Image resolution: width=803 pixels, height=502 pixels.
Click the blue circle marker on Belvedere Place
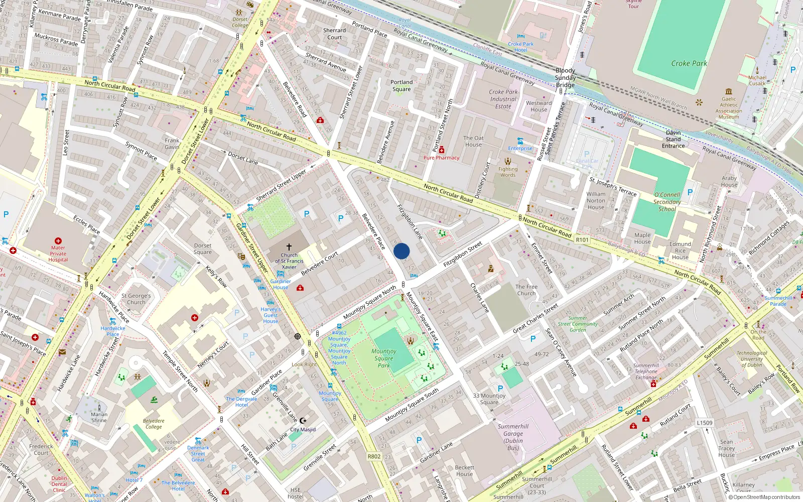(x=401, y=251)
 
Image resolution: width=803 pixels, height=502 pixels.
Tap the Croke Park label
(x=689, y=63)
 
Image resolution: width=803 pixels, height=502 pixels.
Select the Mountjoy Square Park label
(x=384, y=358)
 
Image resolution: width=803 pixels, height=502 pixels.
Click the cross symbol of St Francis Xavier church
(x=289, y=247)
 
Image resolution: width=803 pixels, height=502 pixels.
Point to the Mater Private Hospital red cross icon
(x=58, y=241)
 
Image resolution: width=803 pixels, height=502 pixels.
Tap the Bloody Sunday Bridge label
(x=565, y=78)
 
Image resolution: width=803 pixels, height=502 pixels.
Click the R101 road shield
(x=582, y=240)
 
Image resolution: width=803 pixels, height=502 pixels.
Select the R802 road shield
(x=374, y=456)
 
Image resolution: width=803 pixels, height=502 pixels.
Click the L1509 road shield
(x=704, y=423)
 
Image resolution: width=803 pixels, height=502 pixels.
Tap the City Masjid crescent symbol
(x=303, y=421)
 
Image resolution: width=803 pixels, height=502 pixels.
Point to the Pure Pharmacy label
(x=441, y=158)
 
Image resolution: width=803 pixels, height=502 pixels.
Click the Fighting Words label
(x=507, y=172)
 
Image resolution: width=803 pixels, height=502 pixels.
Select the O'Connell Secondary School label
(x=667, y=202)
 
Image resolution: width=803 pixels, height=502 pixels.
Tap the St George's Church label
(x=136, y=299)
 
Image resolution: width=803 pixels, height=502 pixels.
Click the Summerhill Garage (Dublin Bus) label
(x=513, y=437)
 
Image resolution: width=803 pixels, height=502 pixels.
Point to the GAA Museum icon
(x=729, y=91)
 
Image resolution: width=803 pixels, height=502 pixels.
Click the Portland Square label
(x=401, y=85)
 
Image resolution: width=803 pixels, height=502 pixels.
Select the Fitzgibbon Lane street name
(x=410, y=221)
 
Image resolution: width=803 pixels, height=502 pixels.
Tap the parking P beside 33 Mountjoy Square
(x=500, y=389)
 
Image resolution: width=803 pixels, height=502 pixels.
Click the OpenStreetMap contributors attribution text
(x=764, y=497)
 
